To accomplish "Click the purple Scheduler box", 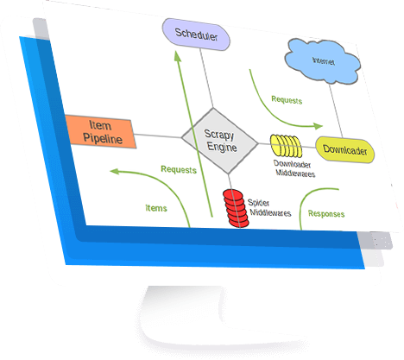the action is pyautogui.click(x=196, y=35).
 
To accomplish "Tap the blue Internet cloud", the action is pyautogui.click(x=323, y=61).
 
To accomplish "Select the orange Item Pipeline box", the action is pyautogui.click(x=100, y=132).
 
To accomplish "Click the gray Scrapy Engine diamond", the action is pyautogui.click(x=220, y=141).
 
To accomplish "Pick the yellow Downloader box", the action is pyautogui.click(x=345, y=150).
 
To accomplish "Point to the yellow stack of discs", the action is pyautogui.click(x=286, y=146).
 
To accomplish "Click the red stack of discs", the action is pyautogui.click(x=236, y=208).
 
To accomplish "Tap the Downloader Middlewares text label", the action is pyautogui.click(x=294, y=169).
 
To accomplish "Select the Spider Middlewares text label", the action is pyautogui.click(x=269, y=208).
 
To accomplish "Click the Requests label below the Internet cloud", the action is pyautogui.click(x=287, y=100).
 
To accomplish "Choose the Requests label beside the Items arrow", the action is pyautogui.click(x=179, y=169).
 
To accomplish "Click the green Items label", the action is pyautogui.click(x=156, y=208).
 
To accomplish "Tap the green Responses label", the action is pyautogui.click(x=326, y=213).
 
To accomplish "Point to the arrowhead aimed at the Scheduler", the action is pyautogui.click(x=178, y=56).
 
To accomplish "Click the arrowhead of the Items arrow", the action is pyautogui.click(x=115, y=172).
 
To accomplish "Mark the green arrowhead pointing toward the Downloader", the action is pyautogui.click(x=318, y=126).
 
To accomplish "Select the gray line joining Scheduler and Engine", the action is pyautogui.click(x=206, y=78).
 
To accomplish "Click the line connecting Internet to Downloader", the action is pyautogui.click(x=336, y=111).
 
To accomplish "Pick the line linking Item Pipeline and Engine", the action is pyautogui.click(x=157, y=136).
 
